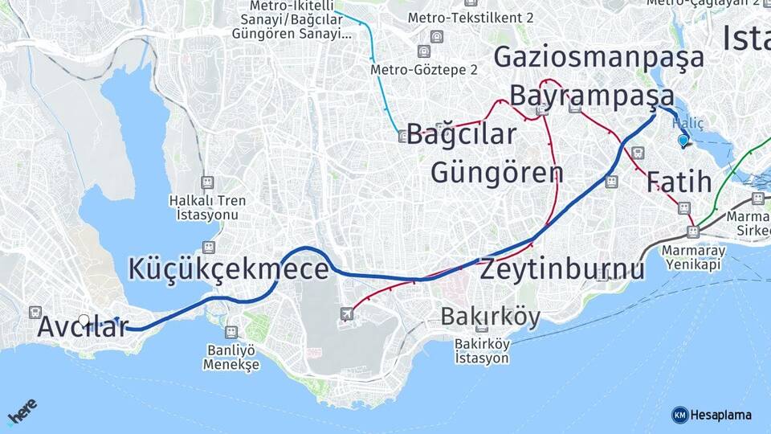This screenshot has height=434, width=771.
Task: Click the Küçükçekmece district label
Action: pos(228,269)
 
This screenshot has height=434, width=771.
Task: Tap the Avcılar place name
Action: pos(83,328)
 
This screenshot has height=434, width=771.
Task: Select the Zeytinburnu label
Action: pos(562,269)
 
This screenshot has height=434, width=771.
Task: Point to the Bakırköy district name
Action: pos(490,317)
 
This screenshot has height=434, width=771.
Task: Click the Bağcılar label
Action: pos(461,134)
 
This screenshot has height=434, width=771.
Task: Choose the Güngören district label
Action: pos(497,172)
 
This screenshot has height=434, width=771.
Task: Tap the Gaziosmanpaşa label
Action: pos(598,57)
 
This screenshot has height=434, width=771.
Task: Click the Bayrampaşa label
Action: pos(593,96)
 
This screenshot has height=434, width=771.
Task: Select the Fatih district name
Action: pos(679,182)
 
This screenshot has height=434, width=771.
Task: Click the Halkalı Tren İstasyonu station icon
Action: pos(208,182)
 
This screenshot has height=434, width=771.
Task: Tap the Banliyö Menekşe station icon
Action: pos(231,331)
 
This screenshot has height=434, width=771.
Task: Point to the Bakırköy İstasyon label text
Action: pos(482,351)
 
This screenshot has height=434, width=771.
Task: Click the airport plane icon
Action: pos(347,313)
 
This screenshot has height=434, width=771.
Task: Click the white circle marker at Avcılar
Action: pos(84,320)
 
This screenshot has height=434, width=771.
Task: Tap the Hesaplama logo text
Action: pos(720,415)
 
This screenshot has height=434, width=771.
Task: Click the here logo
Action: pos(22,411)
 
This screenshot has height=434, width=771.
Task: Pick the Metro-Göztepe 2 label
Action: pos(424,70)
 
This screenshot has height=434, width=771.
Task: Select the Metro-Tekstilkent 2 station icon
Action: pos(436,37)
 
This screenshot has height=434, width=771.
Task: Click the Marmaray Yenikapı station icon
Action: pos(692,232)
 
